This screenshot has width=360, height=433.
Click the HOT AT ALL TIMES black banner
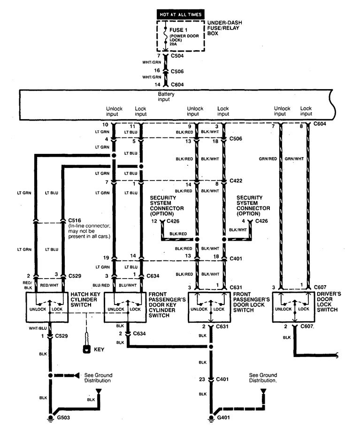click(181, 15)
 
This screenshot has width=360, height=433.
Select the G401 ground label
click(224, 417)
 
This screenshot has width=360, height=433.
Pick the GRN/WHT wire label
click(293, 159)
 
